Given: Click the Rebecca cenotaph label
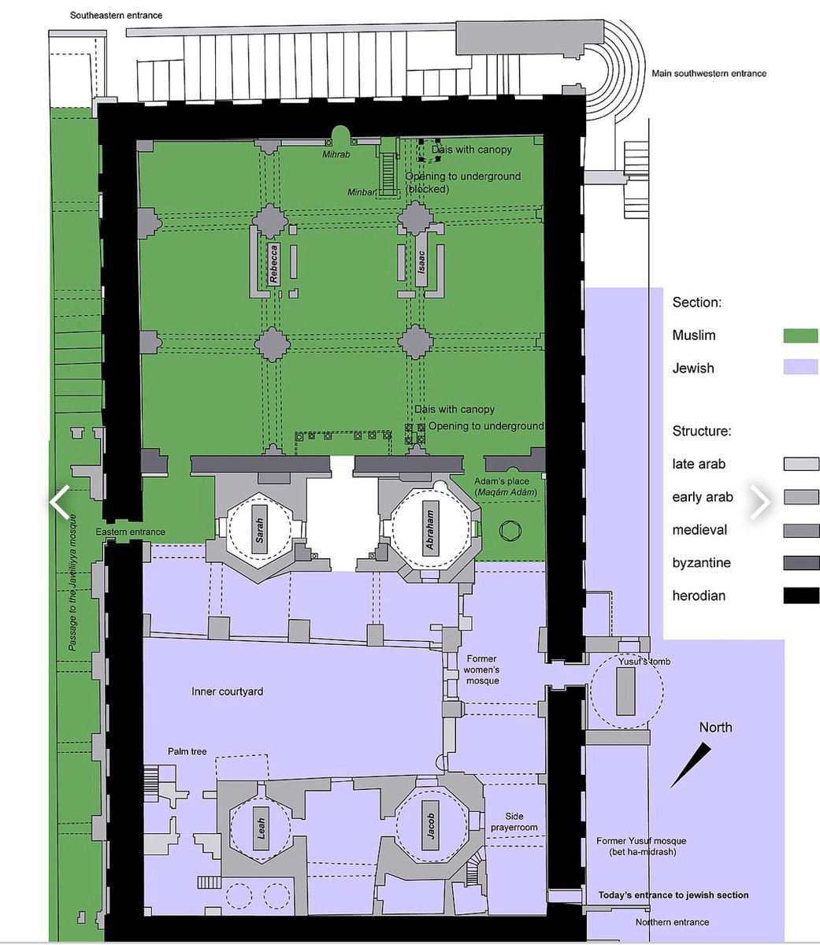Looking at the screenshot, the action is pyautogui.click(x=273, y=264).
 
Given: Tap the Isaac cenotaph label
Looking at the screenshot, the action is pyautogui.click(x=421, y=261).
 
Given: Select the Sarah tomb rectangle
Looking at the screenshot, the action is pyautogui.click(x=260, y=530).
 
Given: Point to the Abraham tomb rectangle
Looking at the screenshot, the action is pyautogui.click(x=431, y=529).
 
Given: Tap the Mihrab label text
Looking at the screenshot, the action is pyautogui.click(x=336, y=154).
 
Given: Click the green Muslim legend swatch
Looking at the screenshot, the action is pyautogui.click(x=800, y=335).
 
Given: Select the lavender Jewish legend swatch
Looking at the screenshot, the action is pyautogui.click(x=800, y=367).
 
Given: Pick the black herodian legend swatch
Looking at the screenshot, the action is pyautogui.click(x=801, y=596).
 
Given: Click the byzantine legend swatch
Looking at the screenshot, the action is pyautogui.click(x=801, y=563).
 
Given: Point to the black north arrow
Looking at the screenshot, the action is pyautogui.click(x=691, y=765).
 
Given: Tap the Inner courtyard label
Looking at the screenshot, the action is pyautogui.click(x=228, y=691).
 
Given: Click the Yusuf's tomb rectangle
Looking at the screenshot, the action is pyautogui.click(x=625, y=691).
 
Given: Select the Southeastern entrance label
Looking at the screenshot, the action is pyautogui.click(x=116, y=15).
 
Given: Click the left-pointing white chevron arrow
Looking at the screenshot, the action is pyautogui.click(x=60, y=502).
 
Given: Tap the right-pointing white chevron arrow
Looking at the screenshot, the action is pyautogui.click(x=760, y=502).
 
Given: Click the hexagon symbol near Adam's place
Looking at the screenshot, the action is pyautogui.click(x=510, y=531).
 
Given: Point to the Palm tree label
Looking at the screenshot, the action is pyautogui.click(x=187, y=751).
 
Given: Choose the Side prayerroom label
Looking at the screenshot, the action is pyautogui.click(x=514, y=822).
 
